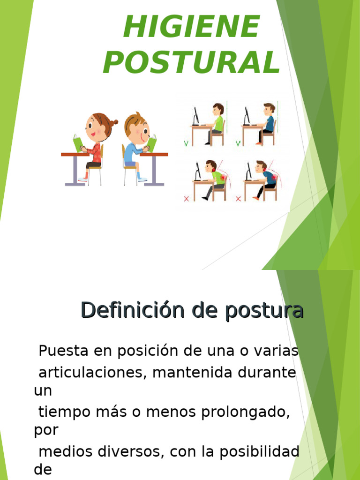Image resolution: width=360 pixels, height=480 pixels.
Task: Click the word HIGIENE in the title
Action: (191, 27)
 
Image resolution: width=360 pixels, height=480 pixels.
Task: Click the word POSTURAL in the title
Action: (191, 62)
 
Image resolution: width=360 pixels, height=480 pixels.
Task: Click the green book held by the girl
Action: (77, 142)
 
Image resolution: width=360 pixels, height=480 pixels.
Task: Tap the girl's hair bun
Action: (112, 124)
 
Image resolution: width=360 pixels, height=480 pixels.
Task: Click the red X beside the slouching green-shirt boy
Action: (187, 199)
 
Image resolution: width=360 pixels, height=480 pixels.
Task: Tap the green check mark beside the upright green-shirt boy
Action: (187, 143)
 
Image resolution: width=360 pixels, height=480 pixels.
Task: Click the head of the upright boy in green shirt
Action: (218, 109)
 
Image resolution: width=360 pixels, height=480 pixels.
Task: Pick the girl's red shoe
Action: (83, 180)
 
